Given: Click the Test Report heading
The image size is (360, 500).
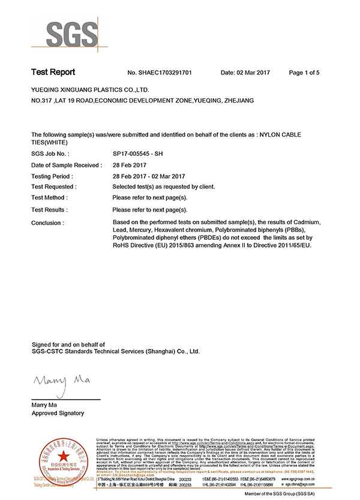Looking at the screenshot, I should (53, 73).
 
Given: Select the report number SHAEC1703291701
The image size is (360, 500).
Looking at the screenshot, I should (159, 73).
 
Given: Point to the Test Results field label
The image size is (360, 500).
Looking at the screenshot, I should (49, 210).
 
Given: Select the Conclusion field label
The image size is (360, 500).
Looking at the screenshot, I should (47, 223).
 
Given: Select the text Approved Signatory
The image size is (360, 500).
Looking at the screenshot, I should (58, 413).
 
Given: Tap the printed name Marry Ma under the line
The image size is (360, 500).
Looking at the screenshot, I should (44, 405).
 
